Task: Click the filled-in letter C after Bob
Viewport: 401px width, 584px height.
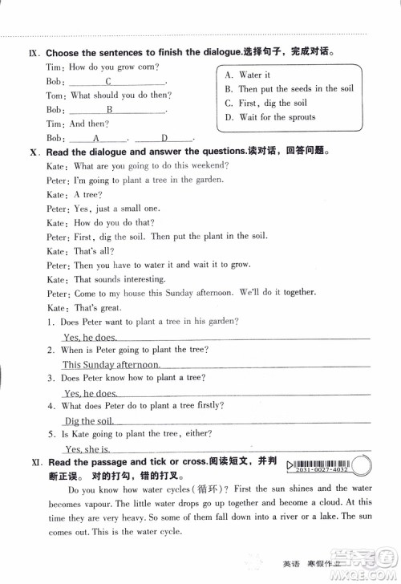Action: (107, 81)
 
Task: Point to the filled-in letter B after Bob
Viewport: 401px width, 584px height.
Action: (109, 109)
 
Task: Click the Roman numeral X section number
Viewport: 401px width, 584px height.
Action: (33, 151)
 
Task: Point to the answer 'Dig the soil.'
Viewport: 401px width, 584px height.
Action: (88, 420)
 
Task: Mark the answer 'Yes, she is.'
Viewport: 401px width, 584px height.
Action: (87, 449)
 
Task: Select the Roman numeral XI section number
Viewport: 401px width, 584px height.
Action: (33, 463)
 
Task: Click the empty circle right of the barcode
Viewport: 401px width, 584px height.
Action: (364, 464)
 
